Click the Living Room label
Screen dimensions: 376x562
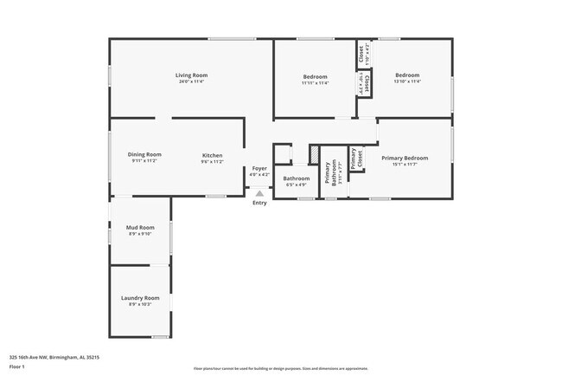click(x=191, y=75)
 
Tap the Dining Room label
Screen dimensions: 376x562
click(x=146, y=154)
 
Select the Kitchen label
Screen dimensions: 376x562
click(x=213, y=155)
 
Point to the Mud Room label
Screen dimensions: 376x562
click(x=140, y=227)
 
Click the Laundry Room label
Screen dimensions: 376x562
click(x=140, y=297)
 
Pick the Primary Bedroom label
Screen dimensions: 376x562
click(x=405, y=158)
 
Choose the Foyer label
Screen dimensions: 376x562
click(x=259, y=168)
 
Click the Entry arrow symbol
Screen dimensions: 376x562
click(x=259, y=193)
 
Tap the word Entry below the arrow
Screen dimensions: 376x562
click(x=259, y=203)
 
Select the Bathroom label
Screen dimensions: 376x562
click(x=296, y=178)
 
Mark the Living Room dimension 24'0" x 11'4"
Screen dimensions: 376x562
click(x=191, y=82)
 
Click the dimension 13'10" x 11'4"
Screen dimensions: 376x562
click(x=407, y=82)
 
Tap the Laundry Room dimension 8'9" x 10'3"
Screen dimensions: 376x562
click(x=140, y=304)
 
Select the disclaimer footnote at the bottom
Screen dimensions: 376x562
click(x=281, y=369)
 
